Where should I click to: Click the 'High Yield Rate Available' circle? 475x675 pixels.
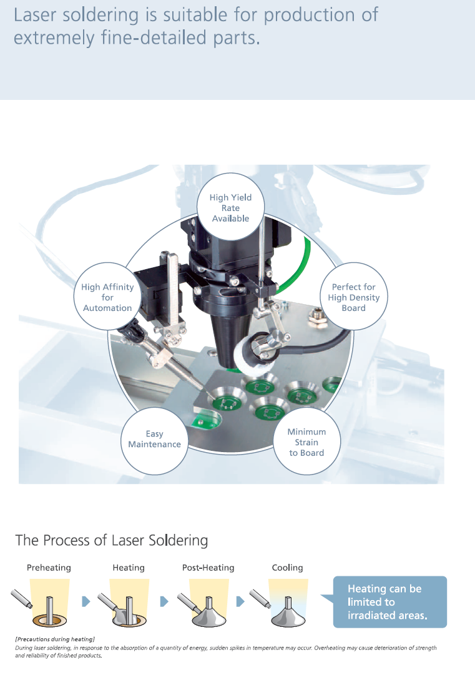230,208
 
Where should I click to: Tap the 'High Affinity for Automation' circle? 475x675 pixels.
107,297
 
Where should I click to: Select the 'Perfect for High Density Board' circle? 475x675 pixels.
353,297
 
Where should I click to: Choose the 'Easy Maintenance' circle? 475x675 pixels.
154,439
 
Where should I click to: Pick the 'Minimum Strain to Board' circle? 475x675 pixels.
306,442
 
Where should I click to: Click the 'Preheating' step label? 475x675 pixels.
49,568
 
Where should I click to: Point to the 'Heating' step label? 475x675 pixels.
129,568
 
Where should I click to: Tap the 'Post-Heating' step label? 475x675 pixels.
208,568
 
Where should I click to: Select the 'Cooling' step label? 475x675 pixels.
287,568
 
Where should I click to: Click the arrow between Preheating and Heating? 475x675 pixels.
86,601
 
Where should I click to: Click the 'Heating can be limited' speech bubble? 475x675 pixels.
387,602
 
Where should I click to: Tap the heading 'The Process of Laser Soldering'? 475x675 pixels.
111,540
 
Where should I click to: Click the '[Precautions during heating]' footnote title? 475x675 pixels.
55,639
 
